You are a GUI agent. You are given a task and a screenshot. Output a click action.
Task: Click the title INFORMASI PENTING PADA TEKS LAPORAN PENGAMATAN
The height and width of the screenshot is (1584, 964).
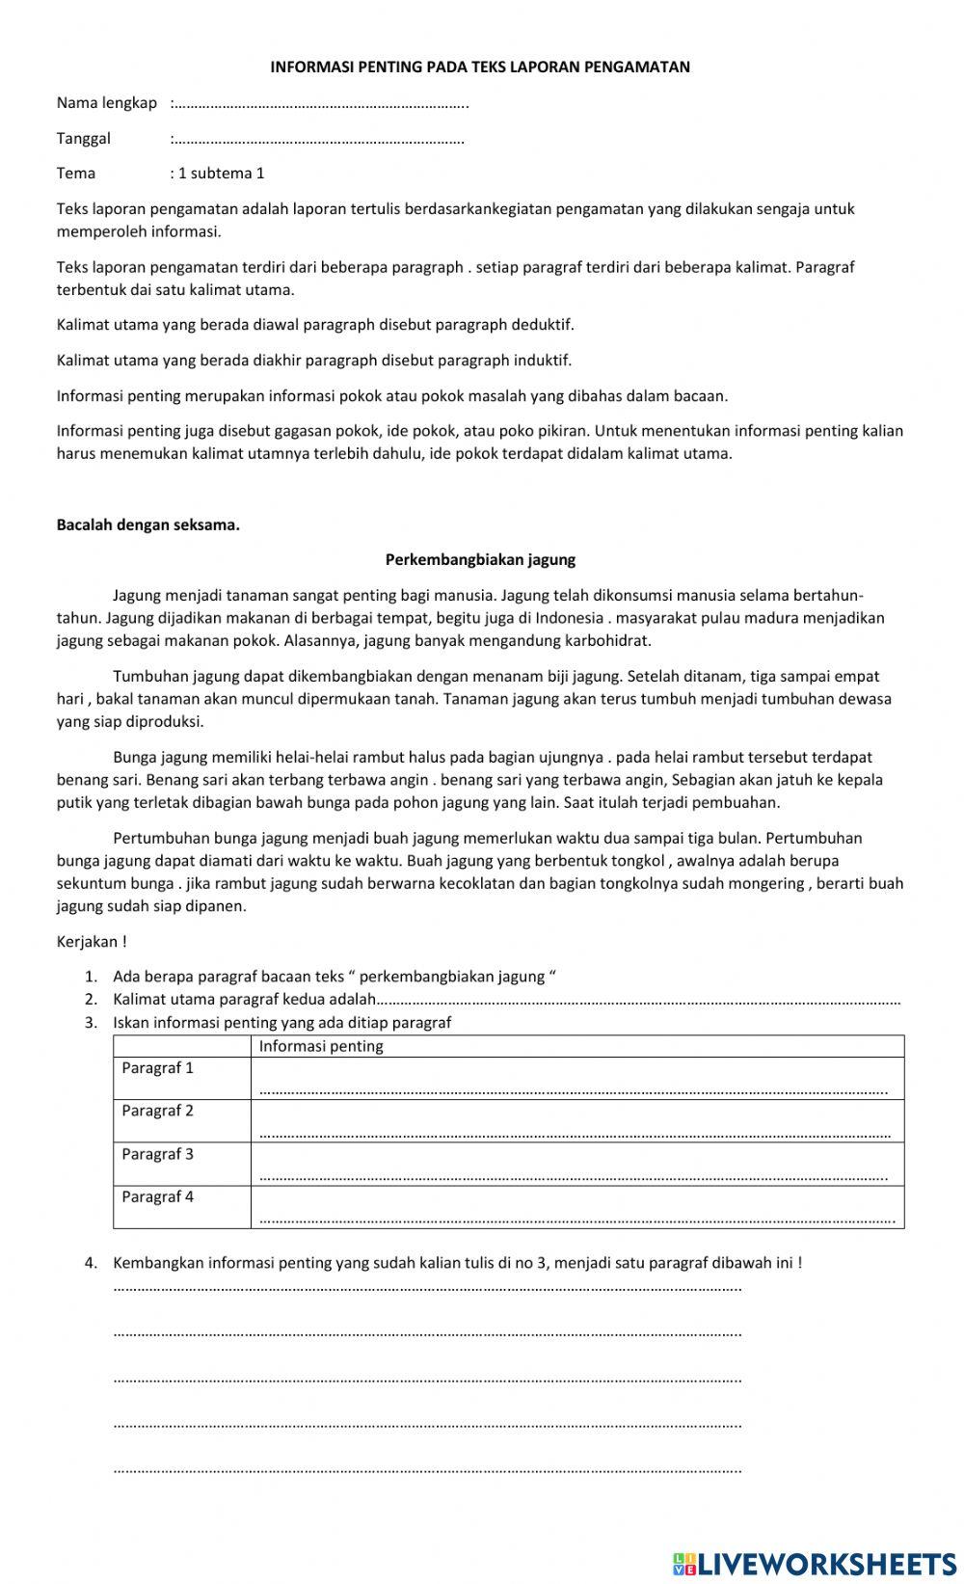479,67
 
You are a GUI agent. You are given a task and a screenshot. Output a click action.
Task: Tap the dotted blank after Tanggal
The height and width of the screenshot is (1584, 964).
318,140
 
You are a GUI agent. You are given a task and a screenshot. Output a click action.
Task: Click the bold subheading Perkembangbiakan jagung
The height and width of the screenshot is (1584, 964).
480,559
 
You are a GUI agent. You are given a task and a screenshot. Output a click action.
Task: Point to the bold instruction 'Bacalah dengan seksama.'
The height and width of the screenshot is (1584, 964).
147,525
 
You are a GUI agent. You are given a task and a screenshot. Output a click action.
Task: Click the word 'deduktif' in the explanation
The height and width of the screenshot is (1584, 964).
546,325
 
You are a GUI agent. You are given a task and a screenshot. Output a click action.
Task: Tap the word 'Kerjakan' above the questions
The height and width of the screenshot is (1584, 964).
88,942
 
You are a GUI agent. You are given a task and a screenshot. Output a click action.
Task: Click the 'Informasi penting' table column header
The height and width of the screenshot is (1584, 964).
321,1046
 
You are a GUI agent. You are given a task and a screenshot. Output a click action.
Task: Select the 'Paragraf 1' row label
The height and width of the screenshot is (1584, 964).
157,1068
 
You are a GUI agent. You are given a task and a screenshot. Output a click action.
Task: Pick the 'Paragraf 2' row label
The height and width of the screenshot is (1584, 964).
157,1111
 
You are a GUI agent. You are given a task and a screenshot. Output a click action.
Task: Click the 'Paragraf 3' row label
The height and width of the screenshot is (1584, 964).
157,1154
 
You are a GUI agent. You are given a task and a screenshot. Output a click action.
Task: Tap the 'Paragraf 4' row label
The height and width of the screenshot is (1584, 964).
157,1196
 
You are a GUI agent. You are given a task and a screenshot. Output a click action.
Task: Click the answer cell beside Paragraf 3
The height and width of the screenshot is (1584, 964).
576,1165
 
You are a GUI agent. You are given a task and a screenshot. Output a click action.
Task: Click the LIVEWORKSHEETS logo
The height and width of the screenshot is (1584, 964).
815,1563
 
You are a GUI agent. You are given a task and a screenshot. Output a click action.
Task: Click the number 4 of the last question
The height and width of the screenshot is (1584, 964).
91,1263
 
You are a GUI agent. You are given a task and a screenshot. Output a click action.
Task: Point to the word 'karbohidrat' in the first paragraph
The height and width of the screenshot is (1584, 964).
611,640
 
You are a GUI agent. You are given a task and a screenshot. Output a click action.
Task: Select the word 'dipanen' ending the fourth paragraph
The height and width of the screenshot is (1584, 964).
216,906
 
